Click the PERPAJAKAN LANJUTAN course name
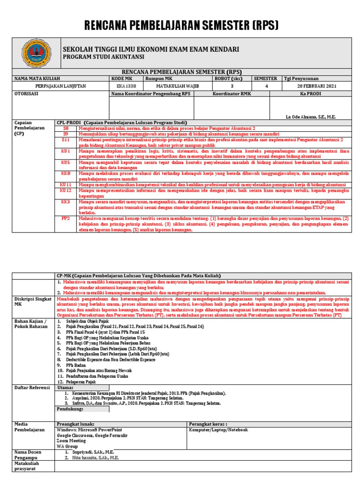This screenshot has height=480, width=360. [60, 86]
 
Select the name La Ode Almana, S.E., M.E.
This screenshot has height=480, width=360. [310, 117]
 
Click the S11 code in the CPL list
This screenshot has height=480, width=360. [66, 140]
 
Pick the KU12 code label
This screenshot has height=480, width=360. [66, 191]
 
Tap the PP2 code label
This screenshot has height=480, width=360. [66, 218]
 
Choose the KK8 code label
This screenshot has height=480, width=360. [66, 173]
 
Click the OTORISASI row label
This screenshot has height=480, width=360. [26, 94]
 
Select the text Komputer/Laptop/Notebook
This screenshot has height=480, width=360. [218, 430]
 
